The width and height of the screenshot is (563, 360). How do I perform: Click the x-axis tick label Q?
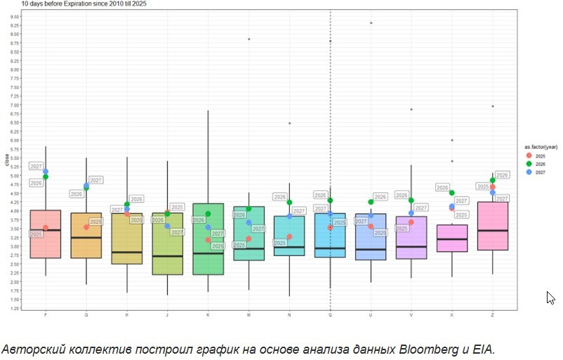point(330,315)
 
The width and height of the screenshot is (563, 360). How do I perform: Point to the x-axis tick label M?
point(249,315)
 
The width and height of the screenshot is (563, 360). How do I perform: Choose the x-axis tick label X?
point(452,315)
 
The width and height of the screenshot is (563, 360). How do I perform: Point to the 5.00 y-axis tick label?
point(15,176)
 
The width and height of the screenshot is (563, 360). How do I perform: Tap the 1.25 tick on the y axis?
point(15,308)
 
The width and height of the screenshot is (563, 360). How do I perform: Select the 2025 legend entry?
point(538,155)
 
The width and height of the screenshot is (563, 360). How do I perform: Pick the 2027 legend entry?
point(538,172)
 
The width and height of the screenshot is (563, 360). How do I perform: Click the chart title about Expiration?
point(84,4)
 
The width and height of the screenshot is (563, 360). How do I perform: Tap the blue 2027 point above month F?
point(46,171)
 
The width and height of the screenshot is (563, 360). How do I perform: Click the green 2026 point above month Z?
point(493,180)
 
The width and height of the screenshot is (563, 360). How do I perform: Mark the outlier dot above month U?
point(371,22)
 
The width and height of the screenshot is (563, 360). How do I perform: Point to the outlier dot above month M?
point(249,39)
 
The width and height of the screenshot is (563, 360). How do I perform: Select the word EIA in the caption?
point(484,349)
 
